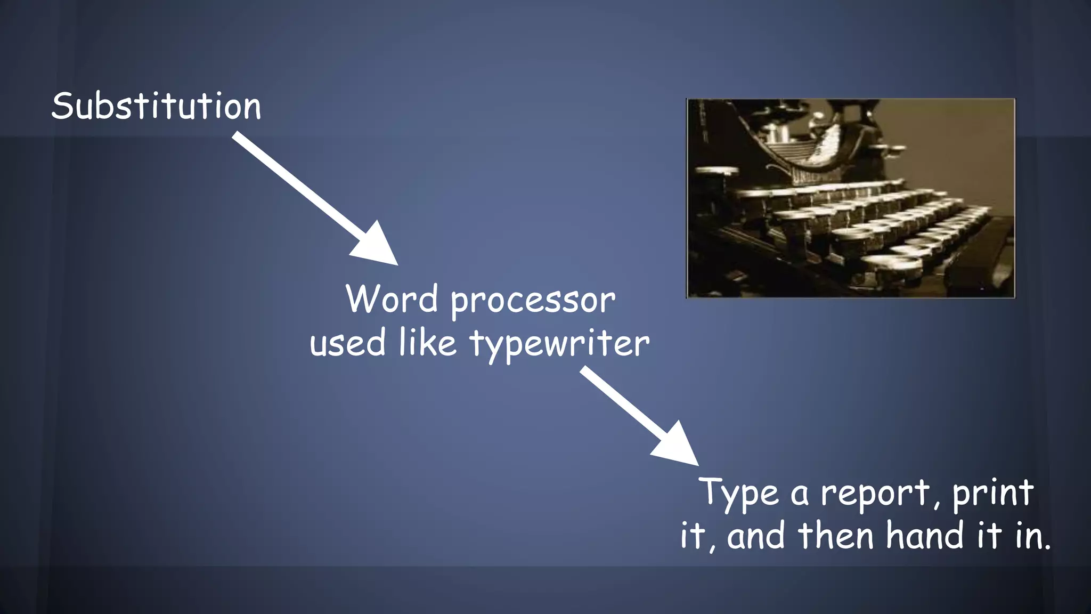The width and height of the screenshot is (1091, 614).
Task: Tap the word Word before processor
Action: [392, 299]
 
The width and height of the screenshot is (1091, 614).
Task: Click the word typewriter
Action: [559, 344]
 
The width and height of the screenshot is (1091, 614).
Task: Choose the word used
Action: [348, 343]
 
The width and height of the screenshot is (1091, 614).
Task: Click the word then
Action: [836, 535]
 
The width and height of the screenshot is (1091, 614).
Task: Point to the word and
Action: [756, 536]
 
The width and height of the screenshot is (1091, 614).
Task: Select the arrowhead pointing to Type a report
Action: [677, 445]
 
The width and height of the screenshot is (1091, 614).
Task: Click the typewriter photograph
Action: [850, 198]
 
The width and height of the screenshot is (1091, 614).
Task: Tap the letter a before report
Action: [799, 495]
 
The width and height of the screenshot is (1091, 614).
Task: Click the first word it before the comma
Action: [693, 535]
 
